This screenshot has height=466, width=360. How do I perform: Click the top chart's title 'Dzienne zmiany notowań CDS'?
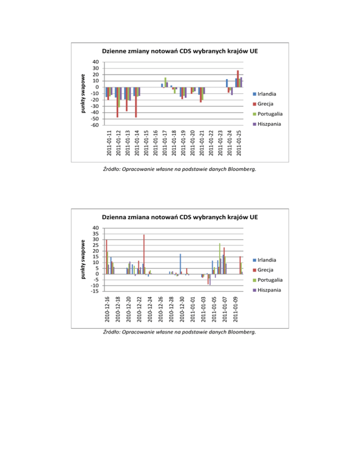pyautogui.click(x=180, y=52)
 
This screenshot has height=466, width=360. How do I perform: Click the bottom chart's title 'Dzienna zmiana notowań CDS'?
pyautogui.click(x=180, y=218)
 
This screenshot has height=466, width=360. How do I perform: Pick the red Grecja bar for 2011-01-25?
pyautogui.click(x=238, y=78)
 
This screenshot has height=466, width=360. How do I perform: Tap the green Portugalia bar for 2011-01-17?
pyautogui.click(x=165, y=82)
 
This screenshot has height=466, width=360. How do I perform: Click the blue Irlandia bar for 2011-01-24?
pyautogui.click(x=227, y=83)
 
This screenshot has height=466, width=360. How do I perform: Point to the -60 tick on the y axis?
pyautogui.click(x=95, y=125)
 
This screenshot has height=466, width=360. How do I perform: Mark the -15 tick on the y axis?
pyautogui.click(x=95, y=291)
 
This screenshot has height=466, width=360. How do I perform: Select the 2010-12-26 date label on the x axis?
pyautogui.click(x=160, y=310)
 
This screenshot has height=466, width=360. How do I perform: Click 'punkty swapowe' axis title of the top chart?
pyautogui.click(x=82, y=94)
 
